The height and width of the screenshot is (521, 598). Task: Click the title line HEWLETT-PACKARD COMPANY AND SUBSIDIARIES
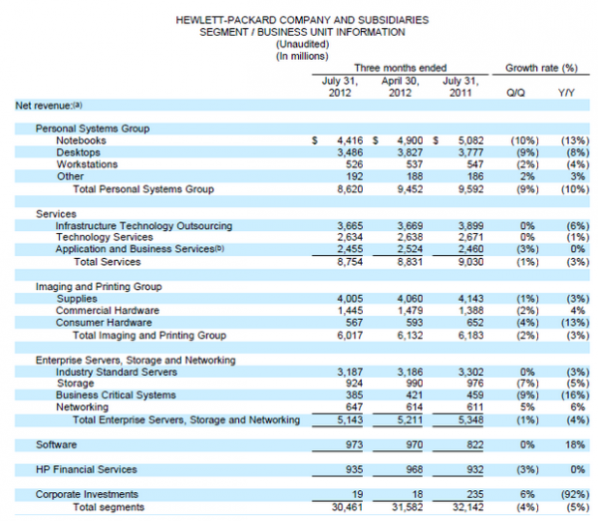(299, 19)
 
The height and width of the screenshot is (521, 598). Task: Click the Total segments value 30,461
(340, 506)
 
